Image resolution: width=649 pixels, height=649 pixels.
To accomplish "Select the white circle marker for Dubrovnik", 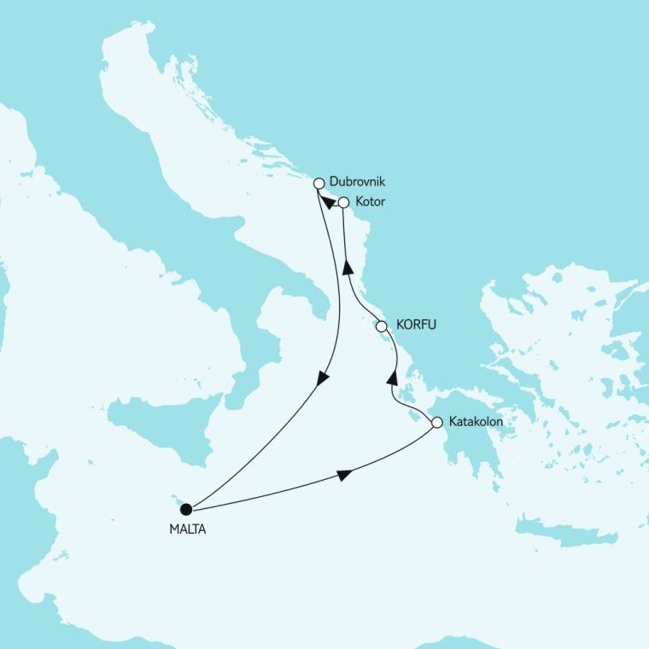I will point(319,183).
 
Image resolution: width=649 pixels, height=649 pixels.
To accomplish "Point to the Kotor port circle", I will point(343,203).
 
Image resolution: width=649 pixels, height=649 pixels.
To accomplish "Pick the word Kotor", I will point(370,203).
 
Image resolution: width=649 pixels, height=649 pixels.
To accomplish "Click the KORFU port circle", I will point(381,325).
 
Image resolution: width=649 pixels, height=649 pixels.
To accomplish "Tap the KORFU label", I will point(415,325).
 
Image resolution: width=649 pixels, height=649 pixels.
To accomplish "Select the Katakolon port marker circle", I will point(436,422).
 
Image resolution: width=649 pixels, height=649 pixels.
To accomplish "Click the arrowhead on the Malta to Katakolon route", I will point(343,475).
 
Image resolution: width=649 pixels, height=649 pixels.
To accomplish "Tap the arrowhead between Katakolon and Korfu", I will point(392,377).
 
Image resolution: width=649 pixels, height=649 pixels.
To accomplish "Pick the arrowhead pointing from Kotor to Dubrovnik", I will point(328,203).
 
